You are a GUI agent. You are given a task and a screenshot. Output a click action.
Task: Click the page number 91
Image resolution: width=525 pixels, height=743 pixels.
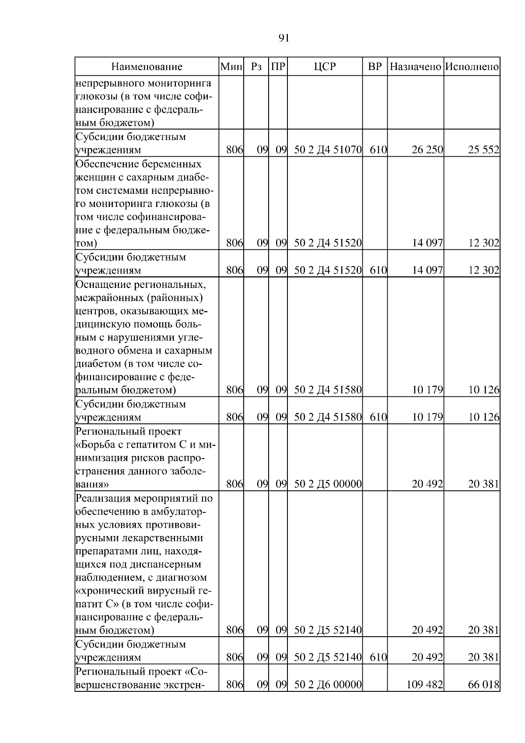coord(283,39)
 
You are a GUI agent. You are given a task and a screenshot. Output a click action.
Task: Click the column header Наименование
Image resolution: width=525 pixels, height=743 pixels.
coord(147,67)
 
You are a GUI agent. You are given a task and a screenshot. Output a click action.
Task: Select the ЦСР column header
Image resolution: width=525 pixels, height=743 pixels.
coord(325,67)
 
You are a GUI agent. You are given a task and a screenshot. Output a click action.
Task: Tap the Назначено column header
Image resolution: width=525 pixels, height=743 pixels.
coord(415,67)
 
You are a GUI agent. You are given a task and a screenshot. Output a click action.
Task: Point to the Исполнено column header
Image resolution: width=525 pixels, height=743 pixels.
coord(472,67)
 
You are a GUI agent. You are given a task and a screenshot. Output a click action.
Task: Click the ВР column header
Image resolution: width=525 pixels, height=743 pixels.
coord(375,67)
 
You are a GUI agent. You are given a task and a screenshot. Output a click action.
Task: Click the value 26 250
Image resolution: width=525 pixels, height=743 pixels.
coord(427,150)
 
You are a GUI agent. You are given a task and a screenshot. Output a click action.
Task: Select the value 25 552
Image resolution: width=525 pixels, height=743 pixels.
coord(483,150)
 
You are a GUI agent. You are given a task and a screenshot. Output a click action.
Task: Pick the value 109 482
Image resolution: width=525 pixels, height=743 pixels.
coord(424,685)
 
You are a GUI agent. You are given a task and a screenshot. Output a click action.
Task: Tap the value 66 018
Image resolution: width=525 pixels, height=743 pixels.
coord(483,685)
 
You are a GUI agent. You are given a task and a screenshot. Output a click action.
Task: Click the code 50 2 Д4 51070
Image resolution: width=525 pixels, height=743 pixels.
coord(328,150)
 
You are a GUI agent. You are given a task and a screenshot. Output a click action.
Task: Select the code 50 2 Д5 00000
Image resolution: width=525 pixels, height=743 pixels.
coord(328,484)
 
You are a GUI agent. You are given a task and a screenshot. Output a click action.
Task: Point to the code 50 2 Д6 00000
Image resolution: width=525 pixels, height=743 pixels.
coord(328,685)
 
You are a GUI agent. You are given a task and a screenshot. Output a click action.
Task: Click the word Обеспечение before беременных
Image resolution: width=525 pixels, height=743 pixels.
coord(105,164)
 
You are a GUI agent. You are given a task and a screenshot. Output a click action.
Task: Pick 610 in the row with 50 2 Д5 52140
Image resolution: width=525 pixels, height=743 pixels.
coord(378,658)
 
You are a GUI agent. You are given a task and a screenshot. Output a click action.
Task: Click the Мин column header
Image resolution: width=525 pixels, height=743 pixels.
coord(231,67)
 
